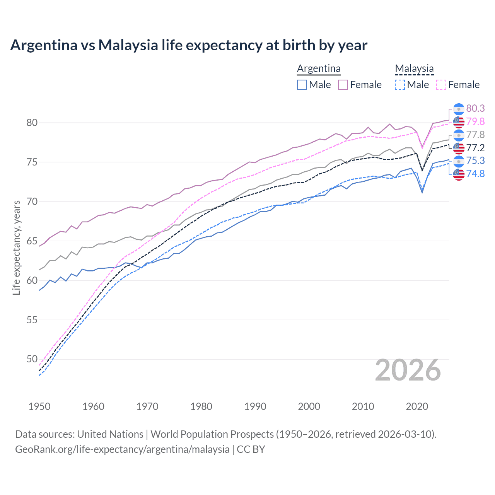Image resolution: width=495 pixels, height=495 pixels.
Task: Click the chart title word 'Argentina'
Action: click(44, 45)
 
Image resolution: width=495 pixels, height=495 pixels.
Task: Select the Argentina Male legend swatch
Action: click(302, 85)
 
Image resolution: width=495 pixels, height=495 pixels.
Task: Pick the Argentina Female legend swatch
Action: click(343, 85)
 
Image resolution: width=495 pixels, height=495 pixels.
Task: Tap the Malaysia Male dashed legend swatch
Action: click(400, 85)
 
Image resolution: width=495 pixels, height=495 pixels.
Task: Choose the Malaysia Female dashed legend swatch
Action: click(441, 85)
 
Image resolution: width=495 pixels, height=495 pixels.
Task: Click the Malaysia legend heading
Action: click(414, 68)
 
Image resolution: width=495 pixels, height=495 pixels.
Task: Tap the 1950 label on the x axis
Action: click(39, 406)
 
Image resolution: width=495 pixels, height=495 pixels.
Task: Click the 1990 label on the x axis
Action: click(255, 406)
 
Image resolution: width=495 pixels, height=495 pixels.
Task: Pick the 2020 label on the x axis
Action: click(417, 406)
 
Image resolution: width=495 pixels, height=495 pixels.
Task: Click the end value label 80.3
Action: click(475, 109)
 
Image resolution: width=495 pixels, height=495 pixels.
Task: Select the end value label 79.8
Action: click(475, 122)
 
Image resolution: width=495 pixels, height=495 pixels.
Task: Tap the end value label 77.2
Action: click(475, 148)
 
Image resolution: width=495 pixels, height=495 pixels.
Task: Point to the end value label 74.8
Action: click(475, 174)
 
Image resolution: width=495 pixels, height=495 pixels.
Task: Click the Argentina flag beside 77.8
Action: click(459, 135)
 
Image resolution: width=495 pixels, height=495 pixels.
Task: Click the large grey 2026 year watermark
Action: click(408, 370)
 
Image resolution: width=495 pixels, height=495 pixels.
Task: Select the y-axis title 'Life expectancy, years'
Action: click(16, 247)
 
